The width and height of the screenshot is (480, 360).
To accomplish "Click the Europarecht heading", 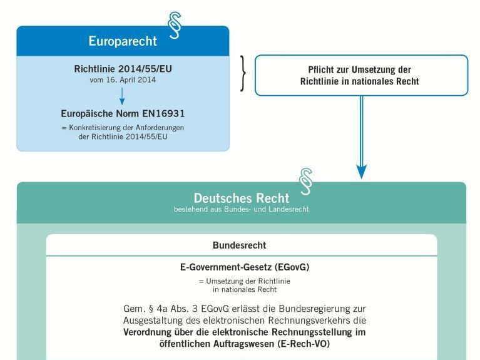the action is [x=123, y=41].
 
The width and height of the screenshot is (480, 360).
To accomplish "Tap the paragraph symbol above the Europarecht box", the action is [x=175, y=26].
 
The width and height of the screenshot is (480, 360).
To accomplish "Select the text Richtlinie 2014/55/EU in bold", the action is [x=123, y=69].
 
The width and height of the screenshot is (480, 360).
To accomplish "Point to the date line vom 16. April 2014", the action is [x=123, y=80].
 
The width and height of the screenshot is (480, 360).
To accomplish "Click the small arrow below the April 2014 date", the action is [x=122, y=96].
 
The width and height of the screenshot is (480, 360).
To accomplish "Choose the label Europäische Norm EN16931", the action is [x=123, y=114].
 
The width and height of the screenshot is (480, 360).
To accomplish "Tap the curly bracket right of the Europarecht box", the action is [x=243, y=73].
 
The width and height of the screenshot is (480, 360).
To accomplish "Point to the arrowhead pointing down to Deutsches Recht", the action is [x=361, y=172].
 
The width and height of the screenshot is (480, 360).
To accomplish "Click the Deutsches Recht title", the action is [x=242, y=198].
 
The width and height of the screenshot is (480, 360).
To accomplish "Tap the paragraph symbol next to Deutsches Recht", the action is [x=306, y=182].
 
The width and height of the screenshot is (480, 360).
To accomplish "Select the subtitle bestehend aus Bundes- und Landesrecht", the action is [x=242, y=209].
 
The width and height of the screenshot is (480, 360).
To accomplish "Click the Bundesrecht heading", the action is [x=240, y=245].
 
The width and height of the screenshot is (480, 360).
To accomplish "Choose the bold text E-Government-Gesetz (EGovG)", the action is [x=245, y=267].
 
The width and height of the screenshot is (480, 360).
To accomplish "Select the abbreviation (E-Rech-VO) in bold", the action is [x=304, y=344].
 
